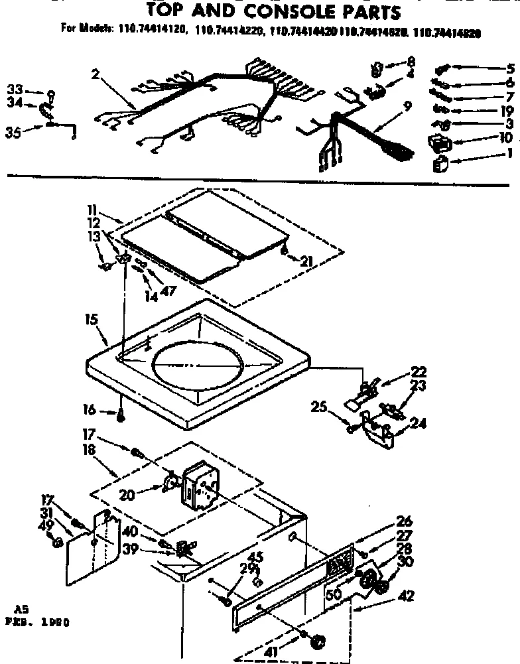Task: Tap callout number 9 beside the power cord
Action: (x=407, y=105)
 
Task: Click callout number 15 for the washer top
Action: (x=92, y=320)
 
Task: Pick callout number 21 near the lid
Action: (x=305, y=261)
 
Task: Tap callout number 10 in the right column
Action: (x=505, y=138)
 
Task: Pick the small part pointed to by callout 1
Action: (x=439, y=166)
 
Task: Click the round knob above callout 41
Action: (x=320, y=641)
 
